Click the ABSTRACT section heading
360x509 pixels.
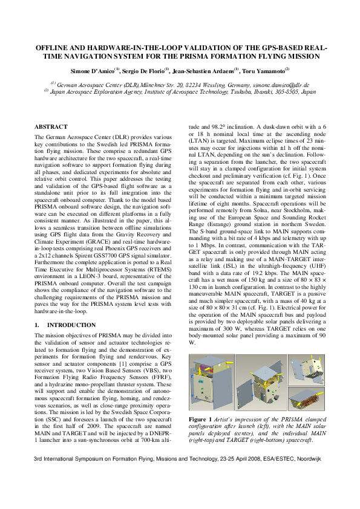[51, 127]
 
